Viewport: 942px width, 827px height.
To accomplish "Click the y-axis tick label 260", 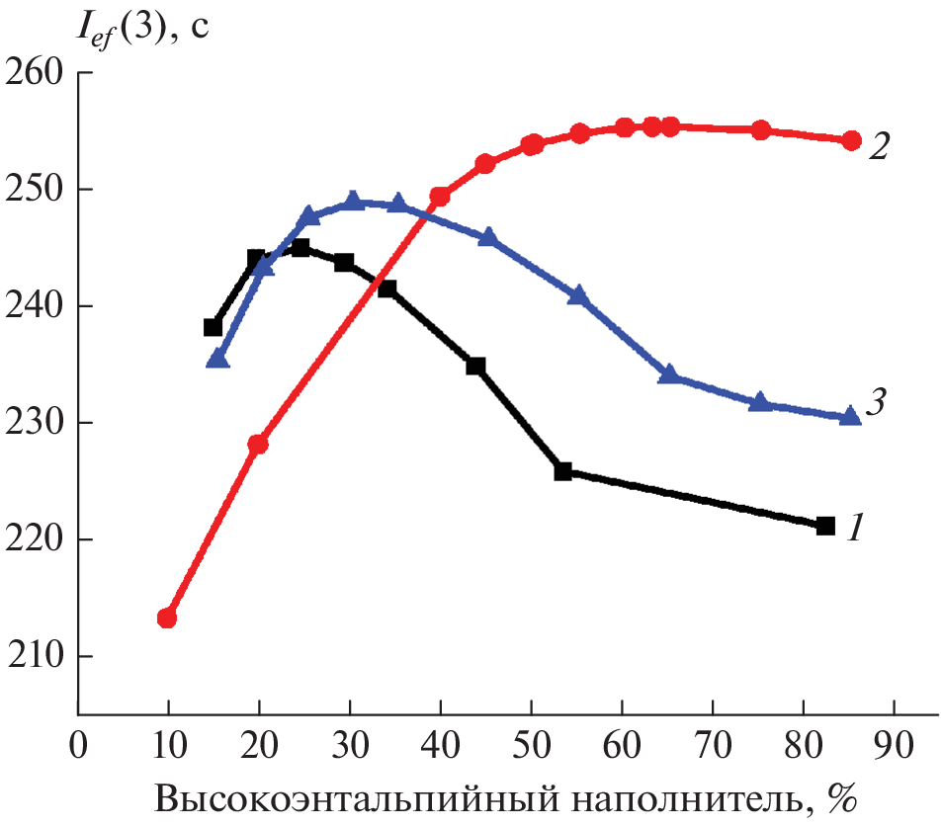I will click(34, 72).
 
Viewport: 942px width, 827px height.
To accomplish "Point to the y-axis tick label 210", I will click(34, 656).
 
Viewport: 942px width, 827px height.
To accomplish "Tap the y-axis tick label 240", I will click(34, 306).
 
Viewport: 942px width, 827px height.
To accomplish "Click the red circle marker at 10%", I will click(167, 619).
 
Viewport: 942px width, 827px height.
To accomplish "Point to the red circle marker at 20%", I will click(258, 444).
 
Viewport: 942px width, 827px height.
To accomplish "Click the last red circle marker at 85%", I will click(851, 140).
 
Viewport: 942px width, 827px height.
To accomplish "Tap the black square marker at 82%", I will click(825, 526).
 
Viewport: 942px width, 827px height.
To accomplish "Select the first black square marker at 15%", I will click(213, 327).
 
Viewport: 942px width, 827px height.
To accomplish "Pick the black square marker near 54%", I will click(563, 471).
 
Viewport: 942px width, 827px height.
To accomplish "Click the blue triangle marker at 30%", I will click(353, 203).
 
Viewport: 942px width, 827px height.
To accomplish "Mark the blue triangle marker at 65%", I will click(668, 374).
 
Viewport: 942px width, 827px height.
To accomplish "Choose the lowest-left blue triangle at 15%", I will click(218, 360).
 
